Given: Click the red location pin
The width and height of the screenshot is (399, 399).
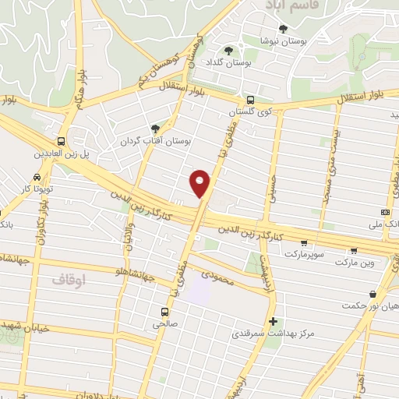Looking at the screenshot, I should pos(201,183).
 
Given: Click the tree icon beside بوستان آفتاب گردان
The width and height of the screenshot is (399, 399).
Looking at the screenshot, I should pos(155,129).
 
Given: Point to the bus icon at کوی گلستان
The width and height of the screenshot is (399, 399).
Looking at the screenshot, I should pos(250,100).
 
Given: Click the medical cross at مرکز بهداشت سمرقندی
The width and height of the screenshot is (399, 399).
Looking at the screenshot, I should pos(272,321).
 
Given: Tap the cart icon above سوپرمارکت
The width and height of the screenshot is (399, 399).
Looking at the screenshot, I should pos(304,242).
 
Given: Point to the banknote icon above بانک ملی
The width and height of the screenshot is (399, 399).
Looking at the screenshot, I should pos(385,212).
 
